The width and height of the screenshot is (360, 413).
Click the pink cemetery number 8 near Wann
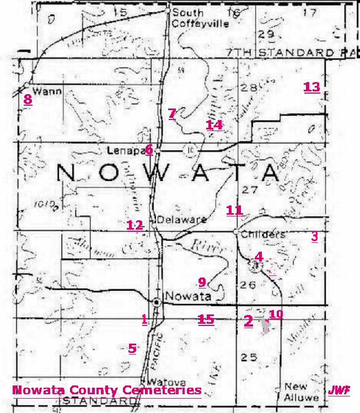pyautogui.click(x=28, y=100)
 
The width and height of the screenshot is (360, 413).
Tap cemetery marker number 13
pyautogui.click(x=311, y=87)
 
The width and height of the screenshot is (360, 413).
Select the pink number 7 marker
pyautogui.click(x=172, y=114)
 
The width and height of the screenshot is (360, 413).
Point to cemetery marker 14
pyautogui.click(x=214, y=125)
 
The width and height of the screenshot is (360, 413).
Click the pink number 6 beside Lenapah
pyautogui.click(x=149, y=149)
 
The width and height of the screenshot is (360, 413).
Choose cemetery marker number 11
pyautogui.click(x=234, y=210)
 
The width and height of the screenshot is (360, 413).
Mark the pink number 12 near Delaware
pyautogui.click(x=135, y=225)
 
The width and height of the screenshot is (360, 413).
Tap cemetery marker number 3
pyautogui.click(x=315, y=237)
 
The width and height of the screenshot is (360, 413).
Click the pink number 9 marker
pyautogui.click(x=202, y=282)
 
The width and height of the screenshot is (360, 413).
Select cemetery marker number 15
pyautogui.click(x=206, y=319)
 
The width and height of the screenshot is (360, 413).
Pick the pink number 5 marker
pyautogui.click(x=132, y=348)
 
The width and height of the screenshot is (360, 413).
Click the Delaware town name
pyautogui.click(x=182, y=220)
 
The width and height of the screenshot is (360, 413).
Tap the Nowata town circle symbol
pyautogui.click(x=157, y=302)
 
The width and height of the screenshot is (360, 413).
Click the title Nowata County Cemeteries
pyautogui.click(x=106, y=390)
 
